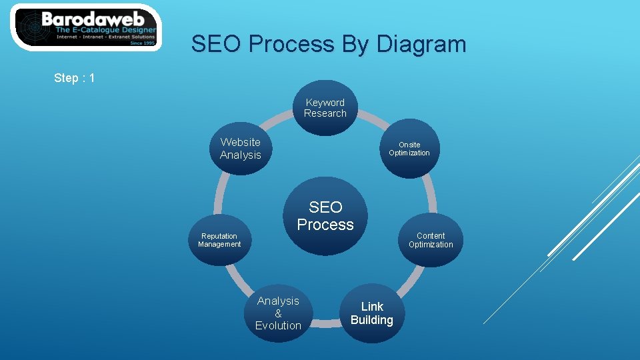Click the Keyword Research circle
tap(325, 108)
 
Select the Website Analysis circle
tap(241, 148)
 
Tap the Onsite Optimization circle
tap(409, 149)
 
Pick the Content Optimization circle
tap(431, 240)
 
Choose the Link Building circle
tap(372, 313)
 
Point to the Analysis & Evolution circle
tap(278, 313)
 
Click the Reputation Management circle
tap(219, 240)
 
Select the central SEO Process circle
tap(325, 216)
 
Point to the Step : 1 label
tap(75, 78)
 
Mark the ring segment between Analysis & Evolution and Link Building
tap(325, 323)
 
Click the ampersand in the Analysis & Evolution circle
tap(278, 313)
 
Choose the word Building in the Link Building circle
tap(372, 320)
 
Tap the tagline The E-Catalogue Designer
tap(105, 30)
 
